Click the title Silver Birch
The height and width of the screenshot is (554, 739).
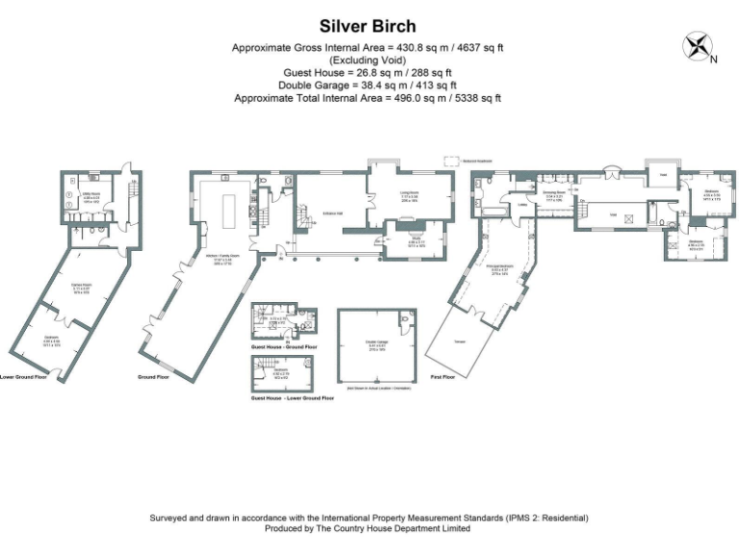tap(369, 26)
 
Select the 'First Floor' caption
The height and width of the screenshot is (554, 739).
tap(442, 377)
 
